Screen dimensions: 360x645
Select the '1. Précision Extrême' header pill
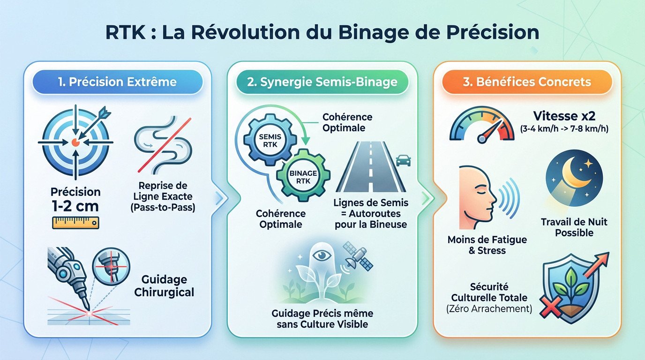117,82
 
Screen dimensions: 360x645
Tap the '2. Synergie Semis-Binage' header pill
322,82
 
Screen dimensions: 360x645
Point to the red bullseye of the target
75,141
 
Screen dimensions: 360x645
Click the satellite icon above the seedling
358,255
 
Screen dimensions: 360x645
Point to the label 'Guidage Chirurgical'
164,286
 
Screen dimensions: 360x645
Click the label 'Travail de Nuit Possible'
574,227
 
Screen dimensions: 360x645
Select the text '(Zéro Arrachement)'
489,309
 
